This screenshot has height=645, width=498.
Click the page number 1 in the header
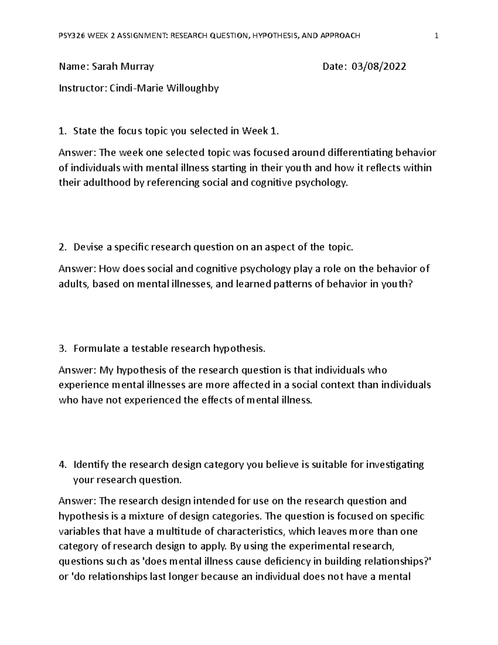[x=436, y=36]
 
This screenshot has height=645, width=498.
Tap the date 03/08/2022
[x=379, y=66]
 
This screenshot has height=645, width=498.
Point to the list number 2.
[x=62, y=248]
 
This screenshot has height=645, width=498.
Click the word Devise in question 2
[x=88, y=248]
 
